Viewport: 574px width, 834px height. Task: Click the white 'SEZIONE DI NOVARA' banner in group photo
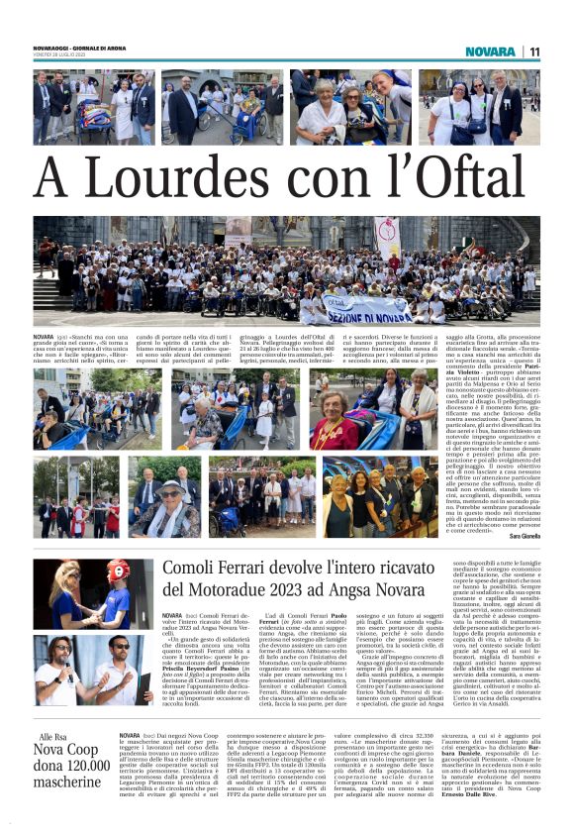click(368, 314)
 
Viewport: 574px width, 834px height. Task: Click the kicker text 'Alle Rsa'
click(53, 766)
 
